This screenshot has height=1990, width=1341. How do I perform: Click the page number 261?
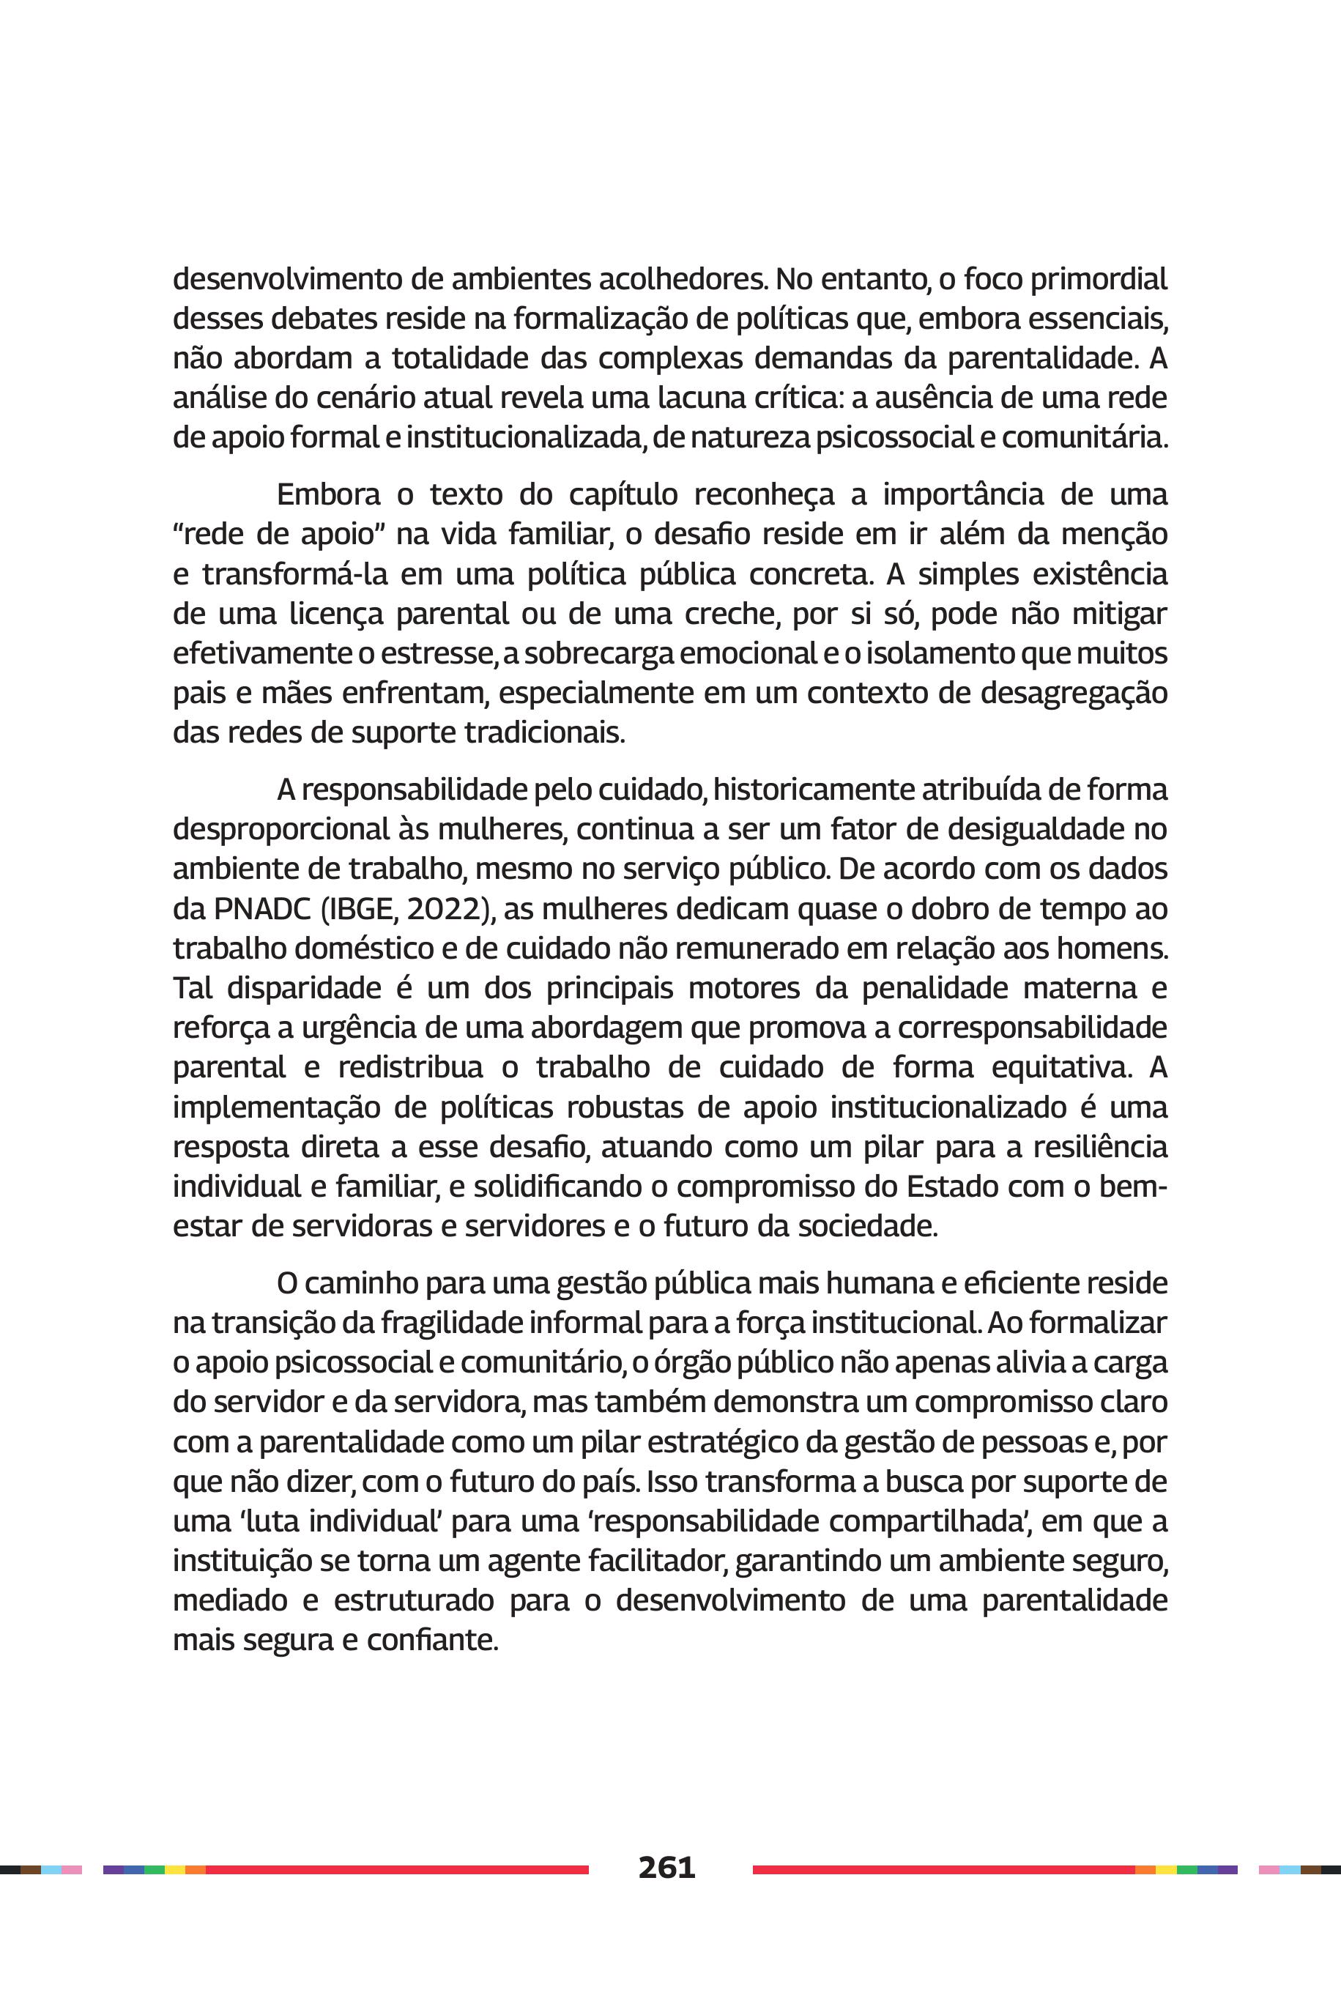pos(666,1867)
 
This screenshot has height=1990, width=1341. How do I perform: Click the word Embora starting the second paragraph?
pos(328,494)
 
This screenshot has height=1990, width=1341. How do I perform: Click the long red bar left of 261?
pos(397,1869)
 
